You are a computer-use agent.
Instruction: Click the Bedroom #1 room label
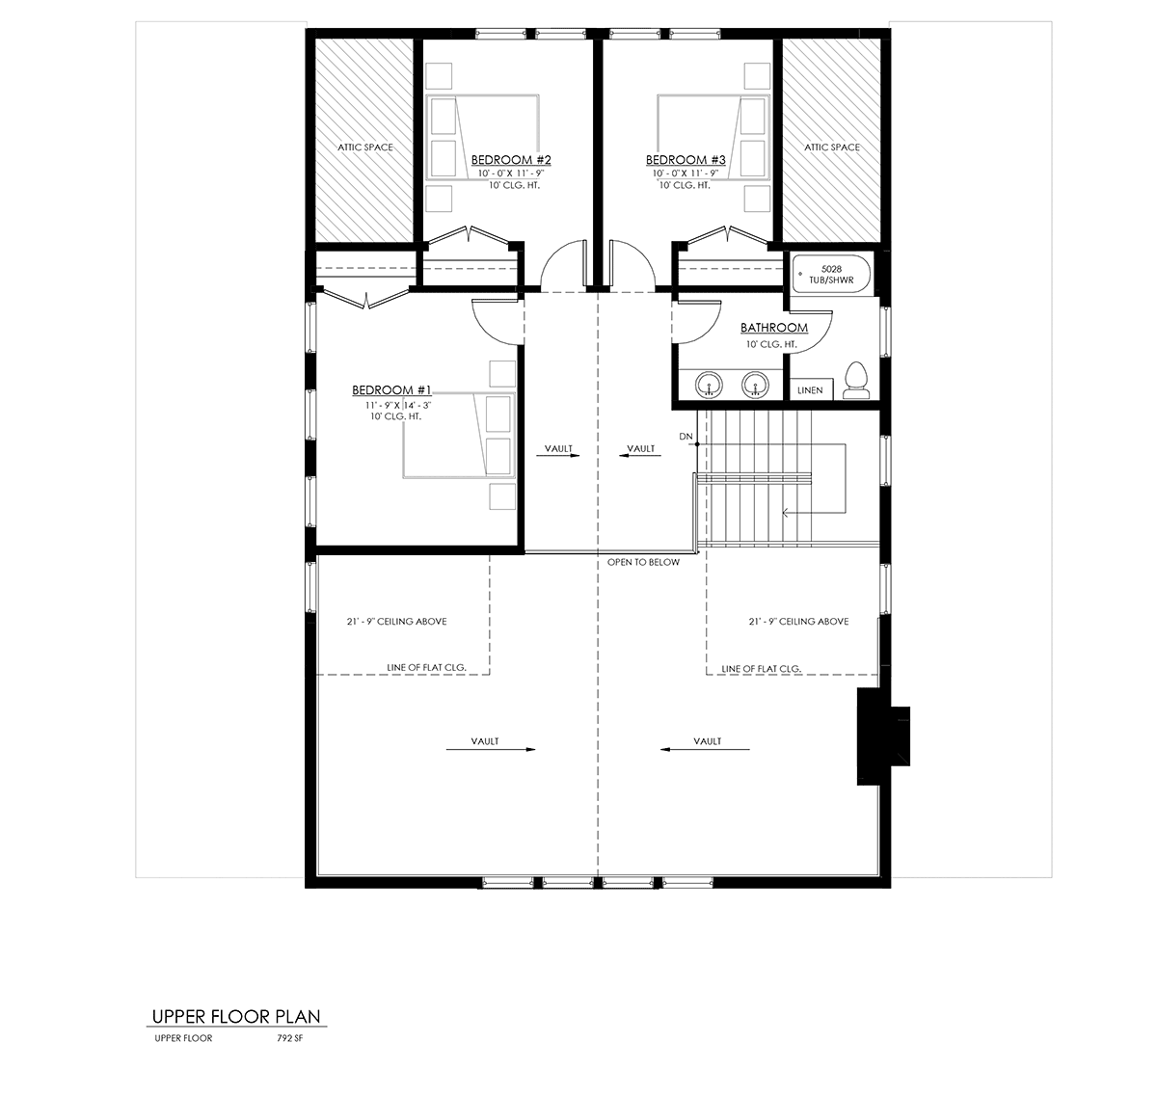[391, 389]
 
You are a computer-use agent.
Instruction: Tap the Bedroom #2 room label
[511, 159]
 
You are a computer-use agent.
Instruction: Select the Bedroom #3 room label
[686, 159]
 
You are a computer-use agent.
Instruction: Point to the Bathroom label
[774, 328]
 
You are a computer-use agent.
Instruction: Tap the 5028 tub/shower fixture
[831, 275]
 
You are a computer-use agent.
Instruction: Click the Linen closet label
[810, 390]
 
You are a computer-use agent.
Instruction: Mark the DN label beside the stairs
[686, 436]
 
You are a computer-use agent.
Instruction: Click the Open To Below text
[643, 562]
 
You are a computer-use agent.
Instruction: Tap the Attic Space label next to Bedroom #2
[364, 147]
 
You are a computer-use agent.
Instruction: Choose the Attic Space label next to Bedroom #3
[831, 147]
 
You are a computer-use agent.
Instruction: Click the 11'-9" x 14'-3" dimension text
[398, 406]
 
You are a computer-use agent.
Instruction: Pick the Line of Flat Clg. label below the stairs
[762, 669]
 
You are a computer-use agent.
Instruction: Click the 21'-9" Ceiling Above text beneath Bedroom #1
[396, 621]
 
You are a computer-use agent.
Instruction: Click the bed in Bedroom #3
[713, 137]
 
